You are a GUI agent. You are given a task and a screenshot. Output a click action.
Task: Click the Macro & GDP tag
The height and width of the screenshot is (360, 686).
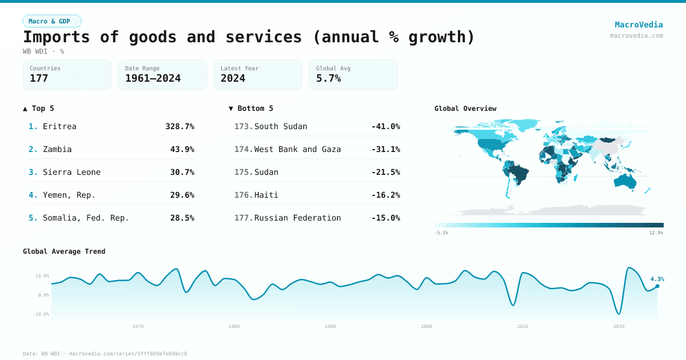point(52,21)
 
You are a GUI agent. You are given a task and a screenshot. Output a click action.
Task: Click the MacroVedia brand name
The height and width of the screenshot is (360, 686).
point(639,25)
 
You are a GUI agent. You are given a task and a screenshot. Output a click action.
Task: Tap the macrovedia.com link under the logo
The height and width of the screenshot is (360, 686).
point(636,35)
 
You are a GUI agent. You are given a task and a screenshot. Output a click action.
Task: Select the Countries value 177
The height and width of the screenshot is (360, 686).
point(39,78)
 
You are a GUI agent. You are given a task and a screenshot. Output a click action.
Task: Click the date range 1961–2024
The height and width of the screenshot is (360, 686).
point(153,78)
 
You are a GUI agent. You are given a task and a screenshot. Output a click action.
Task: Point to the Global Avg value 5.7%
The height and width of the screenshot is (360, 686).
point(328,78)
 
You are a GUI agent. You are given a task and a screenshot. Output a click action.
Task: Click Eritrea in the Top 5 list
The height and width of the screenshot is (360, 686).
point(59,126)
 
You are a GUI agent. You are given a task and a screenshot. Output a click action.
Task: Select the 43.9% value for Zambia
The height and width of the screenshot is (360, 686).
point(182,149)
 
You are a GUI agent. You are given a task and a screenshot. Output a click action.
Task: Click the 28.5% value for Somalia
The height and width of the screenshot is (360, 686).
point(182,218)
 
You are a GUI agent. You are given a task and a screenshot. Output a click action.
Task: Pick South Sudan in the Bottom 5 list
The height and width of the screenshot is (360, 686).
point(280,126)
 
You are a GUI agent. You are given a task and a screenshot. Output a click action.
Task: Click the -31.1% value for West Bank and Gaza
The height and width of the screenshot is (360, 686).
point(385,149)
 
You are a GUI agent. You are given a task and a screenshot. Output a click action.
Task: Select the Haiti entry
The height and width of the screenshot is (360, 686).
point(266,195)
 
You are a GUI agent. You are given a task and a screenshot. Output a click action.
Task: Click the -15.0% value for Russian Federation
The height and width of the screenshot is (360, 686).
point(385,218)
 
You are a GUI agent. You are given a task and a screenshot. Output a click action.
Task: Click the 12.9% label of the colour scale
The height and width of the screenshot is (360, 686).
point(656,233)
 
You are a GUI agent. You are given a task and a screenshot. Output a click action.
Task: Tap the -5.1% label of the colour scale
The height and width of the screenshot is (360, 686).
point(441,233)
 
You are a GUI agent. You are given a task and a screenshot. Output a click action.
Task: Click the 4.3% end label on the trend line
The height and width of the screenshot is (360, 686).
point(657,279)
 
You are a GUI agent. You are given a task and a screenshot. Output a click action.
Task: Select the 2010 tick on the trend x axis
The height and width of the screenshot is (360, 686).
point(523,326)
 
